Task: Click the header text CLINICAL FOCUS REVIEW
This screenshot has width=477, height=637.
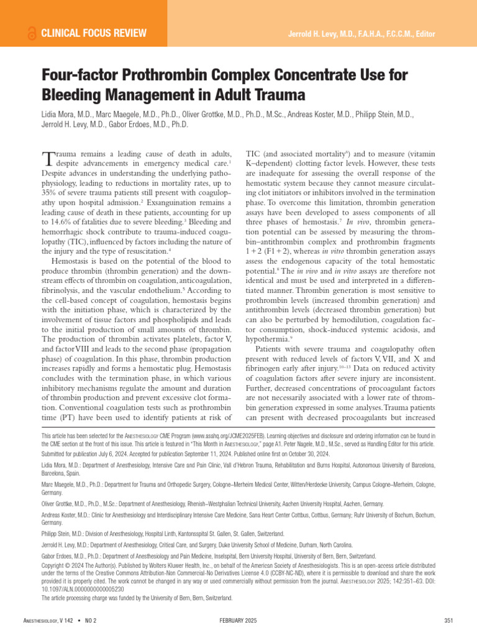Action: click(x=94, y=33)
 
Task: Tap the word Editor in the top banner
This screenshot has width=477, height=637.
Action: click(x=422, y=34)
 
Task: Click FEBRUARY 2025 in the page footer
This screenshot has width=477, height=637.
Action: click(x=238, y=621)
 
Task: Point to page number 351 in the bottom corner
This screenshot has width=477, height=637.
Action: click(x=450, y=621)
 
